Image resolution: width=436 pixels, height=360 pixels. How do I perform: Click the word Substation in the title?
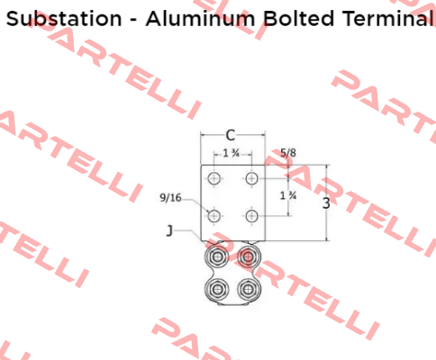pyautogui.click(x=64, y=19)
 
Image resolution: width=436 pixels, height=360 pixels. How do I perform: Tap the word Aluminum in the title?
pyautogui.click(x=200, y=19)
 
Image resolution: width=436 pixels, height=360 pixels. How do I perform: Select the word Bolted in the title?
pyautogui.click(x=299, y=19)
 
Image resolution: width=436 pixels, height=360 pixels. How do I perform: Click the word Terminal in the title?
pyautogui.click(x=388, y=19)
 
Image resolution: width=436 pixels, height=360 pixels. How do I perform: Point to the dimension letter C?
pyautogui.click(x=231, y=136)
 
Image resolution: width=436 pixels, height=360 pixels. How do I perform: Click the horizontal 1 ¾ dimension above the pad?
pyautogui.click(x=232, y=154)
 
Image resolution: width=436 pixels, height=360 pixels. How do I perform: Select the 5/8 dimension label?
pyautogui.click(x=288, y=153)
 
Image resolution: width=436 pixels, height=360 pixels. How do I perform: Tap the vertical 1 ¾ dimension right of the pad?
pyautogui.click(x=288, y=196)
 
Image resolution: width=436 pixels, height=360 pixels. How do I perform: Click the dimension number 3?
pyautogui.click(x=326, y=203)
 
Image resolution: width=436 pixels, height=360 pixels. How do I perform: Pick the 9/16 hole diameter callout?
pyautogui.click(x=170, y=198)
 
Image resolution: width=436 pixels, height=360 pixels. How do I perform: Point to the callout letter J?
pyautogui.click(x=169, y=231)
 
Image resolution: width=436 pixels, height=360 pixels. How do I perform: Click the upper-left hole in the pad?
pyautogui.click(x=213, y=178)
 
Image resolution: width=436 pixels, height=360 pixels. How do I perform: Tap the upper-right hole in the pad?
pyautogui.click(x=251, y=178)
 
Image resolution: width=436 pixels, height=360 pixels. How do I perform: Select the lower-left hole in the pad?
pyautogui.click(x=213, y=216)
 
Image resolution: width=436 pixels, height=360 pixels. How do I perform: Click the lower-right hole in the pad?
pyautogui.click(x=251, y=216)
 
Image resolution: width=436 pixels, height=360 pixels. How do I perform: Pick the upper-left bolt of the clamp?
pyautogui.click(x=216, y=256)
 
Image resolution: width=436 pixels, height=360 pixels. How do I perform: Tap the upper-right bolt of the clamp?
pyautogui.click(x=248, y=256)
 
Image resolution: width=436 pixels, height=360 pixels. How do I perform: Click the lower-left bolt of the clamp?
pyautogui.click(x=216, y=290)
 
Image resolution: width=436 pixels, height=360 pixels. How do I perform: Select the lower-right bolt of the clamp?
pyautogui.click(x=248, y=290)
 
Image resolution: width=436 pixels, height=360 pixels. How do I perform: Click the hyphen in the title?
pyautogui.click(x=133, y=21)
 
